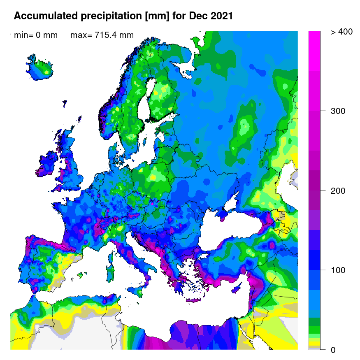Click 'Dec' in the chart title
(x=198, y=16)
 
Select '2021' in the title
(x=221, y=16)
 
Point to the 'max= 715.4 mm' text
(x=102, y=35)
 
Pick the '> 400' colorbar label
(x=341, y=32)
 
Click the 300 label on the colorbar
(x=338, y=111)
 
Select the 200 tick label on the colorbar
(x=338, y=190)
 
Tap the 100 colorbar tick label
(x=338, y=270)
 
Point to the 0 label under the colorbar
(x=333, y=350)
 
